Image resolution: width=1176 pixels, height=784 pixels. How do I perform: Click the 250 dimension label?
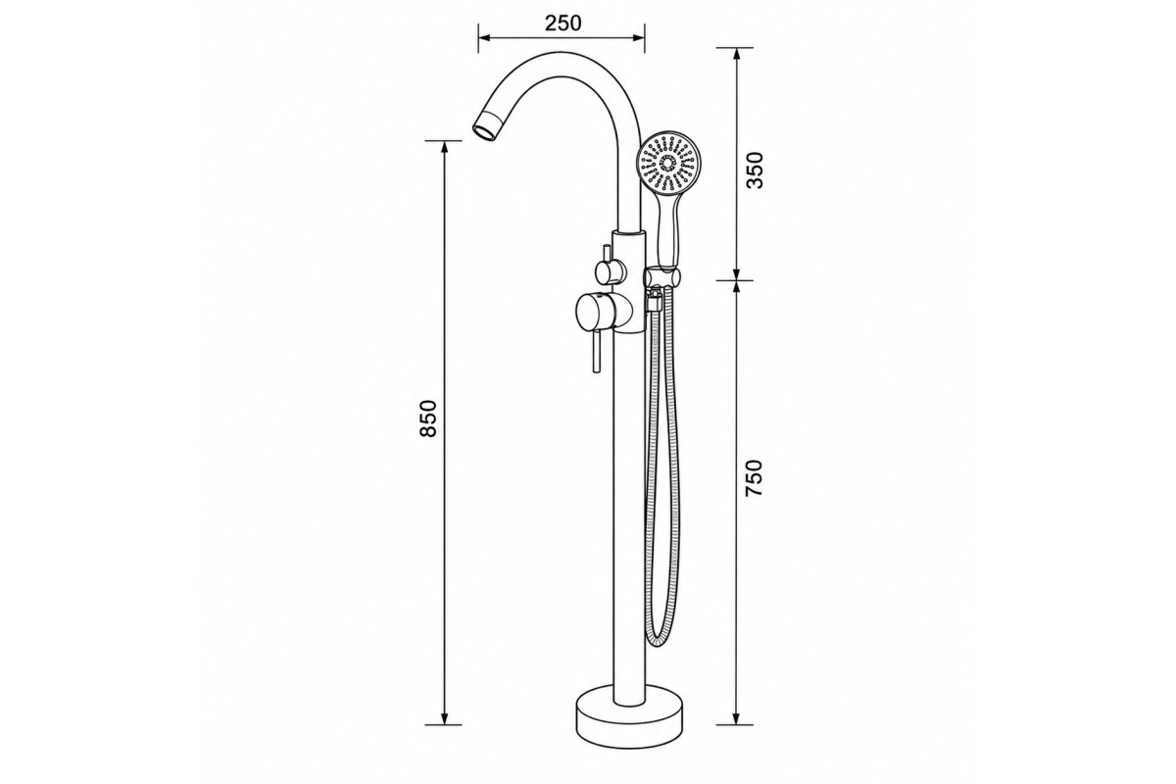[x=563, y=24]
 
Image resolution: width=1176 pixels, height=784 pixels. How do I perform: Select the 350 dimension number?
[x=755, y=170]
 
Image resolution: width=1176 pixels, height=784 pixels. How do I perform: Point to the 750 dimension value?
[x=755, y=478]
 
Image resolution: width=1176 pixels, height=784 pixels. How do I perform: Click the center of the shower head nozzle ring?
[x=667, y=164]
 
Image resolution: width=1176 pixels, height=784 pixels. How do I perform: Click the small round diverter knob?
[x=610, y=272]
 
